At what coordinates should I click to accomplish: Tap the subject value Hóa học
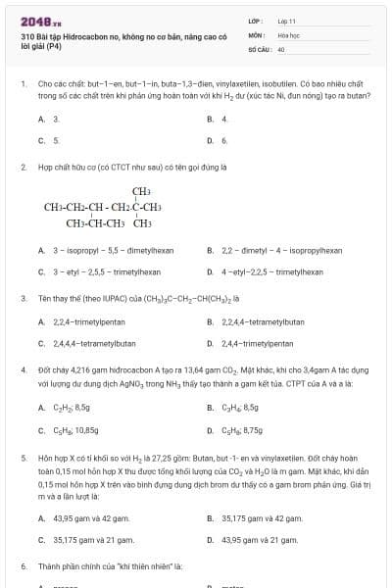[x=288, y=34]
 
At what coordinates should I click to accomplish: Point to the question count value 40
[x=281, y=48]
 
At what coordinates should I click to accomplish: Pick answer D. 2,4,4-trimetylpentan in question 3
[x=257, y=343]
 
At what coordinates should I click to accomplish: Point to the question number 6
[x=23, y=566]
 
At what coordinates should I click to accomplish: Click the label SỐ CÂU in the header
[x=259, y=48]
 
